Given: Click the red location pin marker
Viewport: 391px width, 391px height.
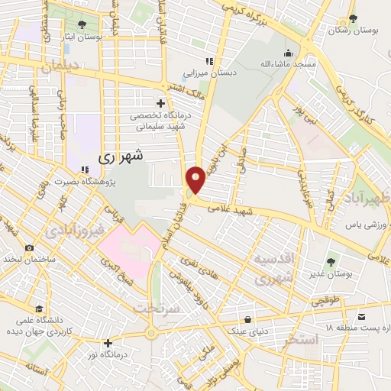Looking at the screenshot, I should (196, 179).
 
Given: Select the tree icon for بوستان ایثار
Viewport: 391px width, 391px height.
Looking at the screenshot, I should (82, 24).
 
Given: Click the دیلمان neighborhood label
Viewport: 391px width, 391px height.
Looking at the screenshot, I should (60, 68).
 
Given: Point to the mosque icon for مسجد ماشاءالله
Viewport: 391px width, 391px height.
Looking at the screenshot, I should (288, 53).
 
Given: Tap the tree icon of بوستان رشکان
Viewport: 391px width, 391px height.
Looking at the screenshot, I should (351, 19).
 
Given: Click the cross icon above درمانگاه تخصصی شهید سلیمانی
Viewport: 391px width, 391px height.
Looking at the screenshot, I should (160, 103).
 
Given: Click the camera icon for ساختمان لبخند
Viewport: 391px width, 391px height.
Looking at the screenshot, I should (30, 248).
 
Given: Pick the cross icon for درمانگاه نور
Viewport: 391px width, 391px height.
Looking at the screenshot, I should (108, 343).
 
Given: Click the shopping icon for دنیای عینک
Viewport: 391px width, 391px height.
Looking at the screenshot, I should (247, 320).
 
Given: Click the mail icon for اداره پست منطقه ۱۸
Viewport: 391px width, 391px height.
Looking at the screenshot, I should (361, 315).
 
